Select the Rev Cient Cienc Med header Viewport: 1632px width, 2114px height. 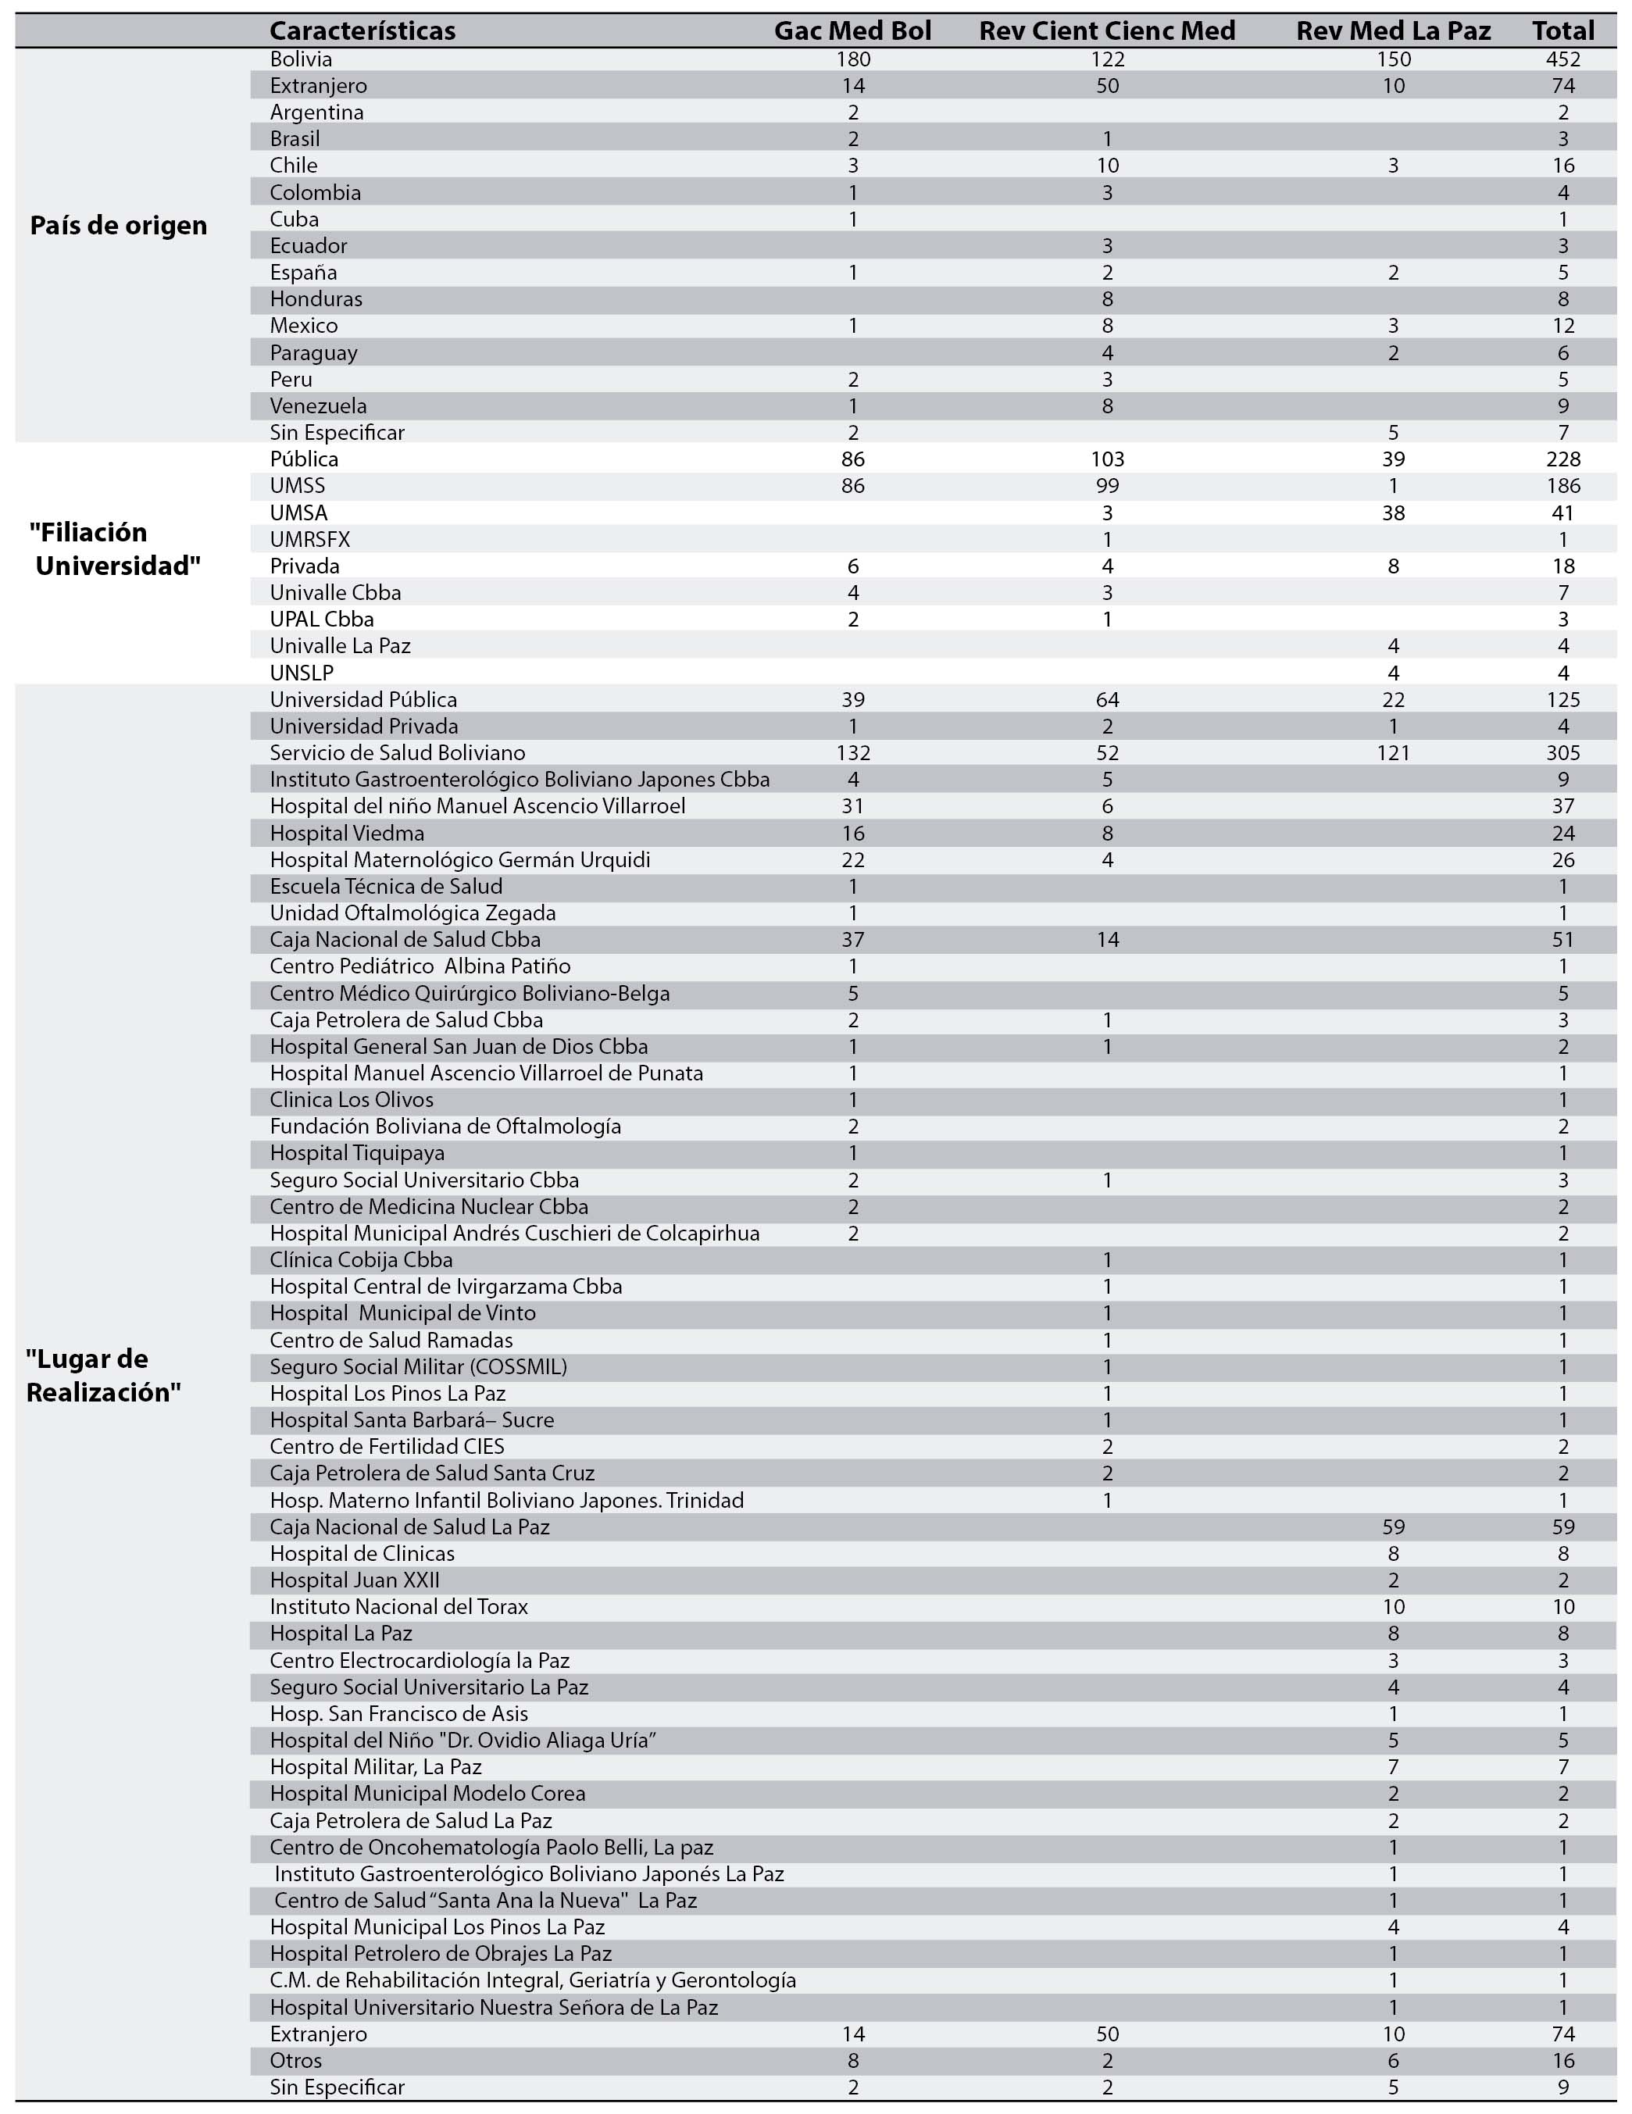tap(1106, 31)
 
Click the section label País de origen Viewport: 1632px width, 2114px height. tap(118, 226)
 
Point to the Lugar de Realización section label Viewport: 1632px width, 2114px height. tap(104, 1376)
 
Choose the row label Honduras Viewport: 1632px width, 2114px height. tap(316, 299)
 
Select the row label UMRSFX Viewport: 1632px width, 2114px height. tap(309, 539)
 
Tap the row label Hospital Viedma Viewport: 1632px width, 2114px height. tap(347, 833)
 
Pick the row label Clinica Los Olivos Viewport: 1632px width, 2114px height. tap(352, 1100)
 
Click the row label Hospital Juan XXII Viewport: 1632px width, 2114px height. tap(354, 1580)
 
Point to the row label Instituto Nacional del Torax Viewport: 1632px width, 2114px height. tap(398, 1607)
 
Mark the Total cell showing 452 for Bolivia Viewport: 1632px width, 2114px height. tap(1562, 59)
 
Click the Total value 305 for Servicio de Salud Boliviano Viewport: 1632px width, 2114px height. tap(1562, 753)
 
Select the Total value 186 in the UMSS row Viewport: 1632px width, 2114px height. tap(1562, 486)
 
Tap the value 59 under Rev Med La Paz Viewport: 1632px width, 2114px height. tap(1392, 1527)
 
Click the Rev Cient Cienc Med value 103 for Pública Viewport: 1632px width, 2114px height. tap(1106, 459)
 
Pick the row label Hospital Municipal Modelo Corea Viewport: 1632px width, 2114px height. tap(427, 1794)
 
